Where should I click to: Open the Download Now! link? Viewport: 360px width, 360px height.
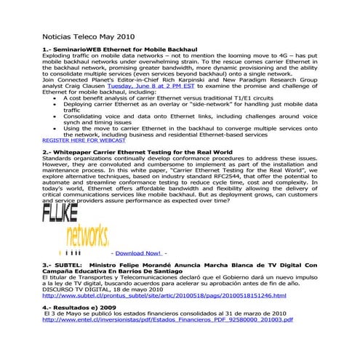pos(137,252)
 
